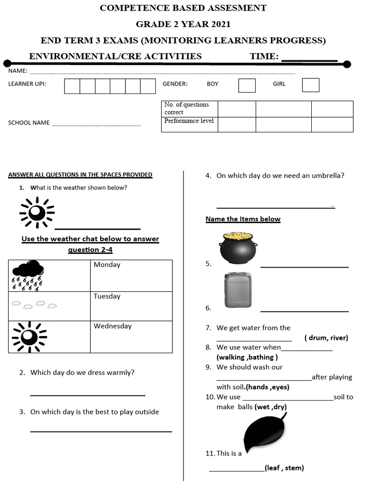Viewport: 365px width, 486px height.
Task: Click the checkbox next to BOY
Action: click(247, 85)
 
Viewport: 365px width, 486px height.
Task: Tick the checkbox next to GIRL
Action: click(310, 85)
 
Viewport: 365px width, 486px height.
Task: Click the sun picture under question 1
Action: click(37, 213)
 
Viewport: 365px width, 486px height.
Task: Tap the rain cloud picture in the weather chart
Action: click(28, 275)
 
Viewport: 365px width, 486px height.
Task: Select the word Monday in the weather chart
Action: click(107, 265)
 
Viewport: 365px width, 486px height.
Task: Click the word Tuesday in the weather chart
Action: click(107, 296)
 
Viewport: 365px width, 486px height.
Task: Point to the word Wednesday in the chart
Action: click(113, 326)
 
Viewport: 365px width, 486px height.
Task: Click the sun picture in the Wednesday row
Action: click(29, 336)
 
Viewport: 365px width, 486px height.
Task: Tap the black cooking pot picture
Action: click(238, 248)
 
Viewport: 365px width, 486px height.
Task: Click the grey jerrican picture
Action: click(238, 290)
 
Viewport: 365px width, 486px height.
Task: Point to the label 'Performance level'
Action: click(189, 121)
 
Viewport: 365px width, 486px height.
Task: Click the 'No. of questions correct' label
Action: click(186, 108)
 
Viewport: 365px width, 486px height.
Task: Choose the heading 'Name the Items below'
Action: click(243, 219)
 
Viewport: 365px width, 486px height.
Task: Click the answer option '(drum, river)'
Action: click(326, 338)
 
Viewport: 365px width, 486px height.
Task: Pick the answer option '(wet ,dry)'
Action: click(270, 407)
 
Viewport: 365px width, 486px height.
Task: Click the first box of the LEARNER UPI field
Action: click(72, 86)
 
